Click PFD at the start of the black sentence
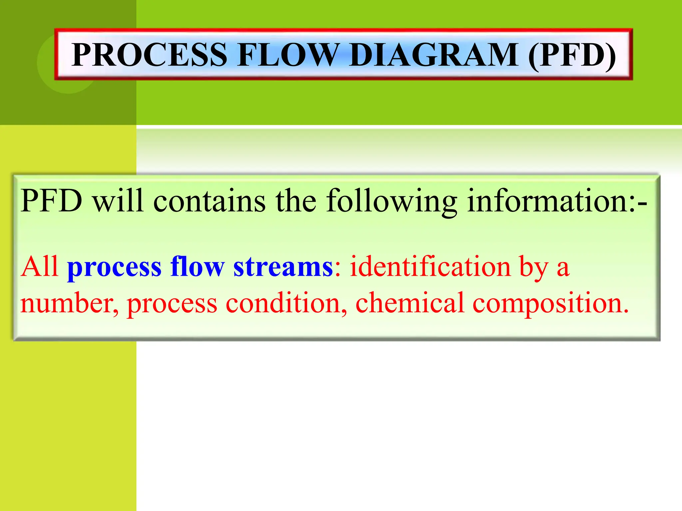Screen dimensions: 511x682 click(51, 201)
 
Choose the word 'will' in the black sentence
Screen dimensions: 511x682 click(118, 201)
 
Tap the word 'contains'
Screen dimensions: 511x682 click(209, 201)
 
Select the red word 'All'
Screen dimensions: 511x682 click(40, 266)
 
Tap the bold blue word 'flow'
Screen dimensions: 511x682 click(197, 266)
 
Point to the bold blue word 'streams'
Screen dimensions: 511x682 click(283, 267)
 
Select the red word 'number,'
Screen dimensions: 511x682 click(69, 303)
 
